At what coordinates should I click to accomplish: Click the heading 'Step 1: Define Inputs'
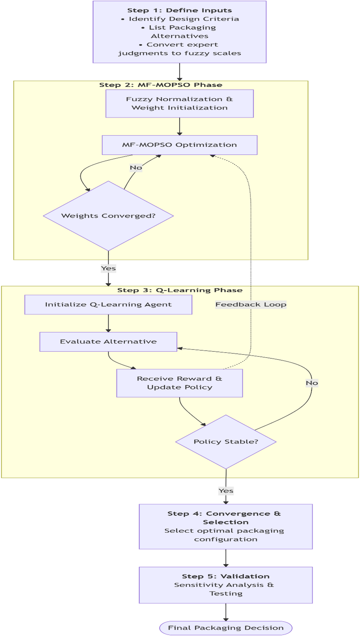pyautogui.click(x=180, y=10)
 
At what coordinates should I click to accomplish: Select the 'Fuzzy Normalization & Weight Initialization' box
pyautogui.click(x=180, y=103)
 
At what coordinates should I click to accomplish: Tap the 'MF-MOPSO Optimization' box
pyautogui.click(x=180, y=145)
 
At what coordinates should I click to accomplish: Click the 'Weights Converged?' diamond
pyautogui.click(x=108, y=216)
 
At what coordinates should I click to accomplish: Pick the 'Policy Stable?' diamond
pyautogui.click(x=226, y=442)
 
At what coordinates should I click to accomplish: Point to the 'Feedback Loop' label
pyautogui.click(x=251, y=304)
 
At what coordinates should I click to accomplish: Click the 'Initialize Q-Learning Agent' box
pyautogui.click(x=108, y=304)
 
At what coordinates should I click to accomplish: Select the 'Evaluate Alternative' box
pyautogui.click(x=108, y=342)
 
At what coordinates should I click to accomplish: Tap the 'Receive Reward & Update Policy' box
pyautogui.click(x=180, y=383)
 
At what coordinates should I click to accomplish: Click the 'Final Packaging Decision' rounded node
pyautogui.click(x=226, y=628)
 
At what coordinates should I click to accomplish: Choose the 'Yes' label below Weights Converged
pyautogui.click(x=108, y=268)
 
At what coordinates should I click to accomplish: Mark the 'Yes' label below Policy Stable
pyautogui.click(x=226, y=491)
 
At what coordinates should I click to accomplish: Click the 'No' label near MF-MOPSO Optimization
pyautogui.click(x=136, y=168)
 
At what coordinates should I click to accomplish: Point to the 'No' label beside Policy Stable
pyautogui.click(x=312, y=383)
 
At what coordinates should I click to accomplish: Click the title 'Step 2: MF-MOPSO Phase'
pyautogui.click(x=161, y=85)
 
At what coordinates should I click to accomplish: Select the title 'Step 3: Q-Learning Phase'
pyautogui.click(x=180, y=290)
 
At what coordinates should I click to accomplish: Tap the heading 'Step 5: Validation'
pyautogui.click(x=226, y=576)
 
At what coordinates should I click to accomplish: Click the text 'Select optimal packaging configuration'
pyautogui.click(x=225, y=535)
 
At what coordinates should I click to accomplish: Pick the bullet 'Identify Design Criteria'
pyautogui.click(x=184, y=19)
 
